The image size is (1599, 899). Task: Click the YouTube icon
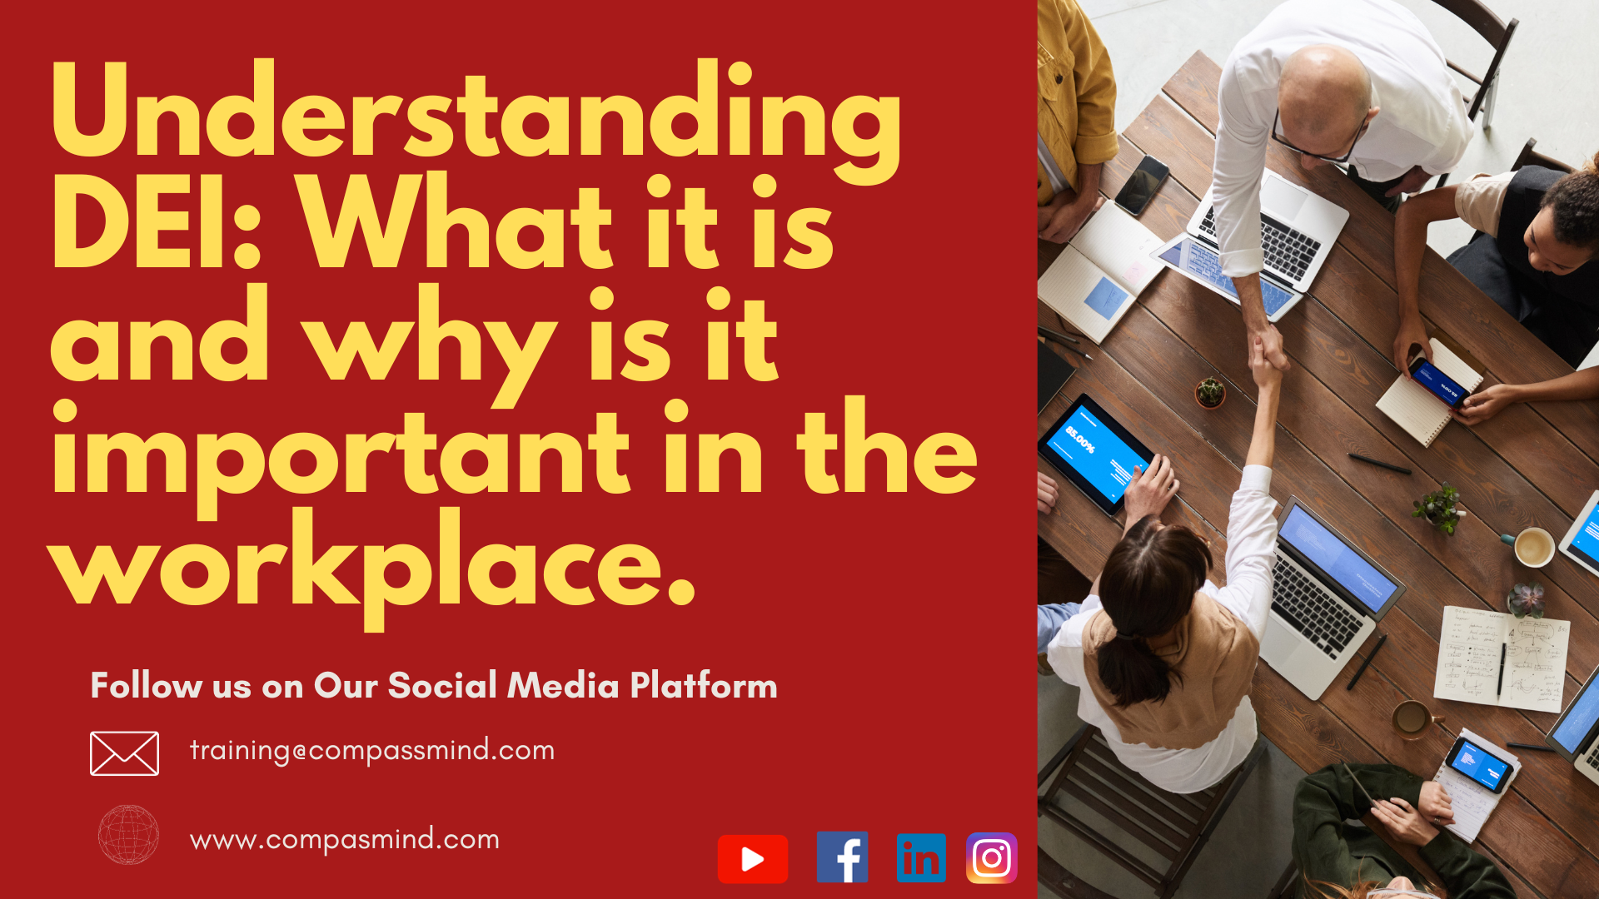752,858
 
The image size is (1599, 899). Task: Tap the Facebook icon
842,857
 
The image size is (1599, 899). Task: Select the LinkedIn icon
921,857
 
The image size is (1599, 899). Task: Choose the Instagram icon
991,857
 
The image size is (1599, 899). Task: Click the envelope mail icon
124,753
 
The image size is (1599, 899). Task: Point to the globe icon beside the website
128,834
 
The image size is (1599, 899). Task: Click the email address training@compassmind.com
372,751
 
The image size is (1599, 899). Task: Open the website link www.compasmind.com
345,839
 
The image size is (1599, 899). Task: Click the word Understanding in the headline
476,117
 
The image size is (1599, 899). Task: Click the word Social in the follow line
442,686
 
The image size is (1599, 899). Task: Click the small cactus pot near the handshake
1210,393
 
